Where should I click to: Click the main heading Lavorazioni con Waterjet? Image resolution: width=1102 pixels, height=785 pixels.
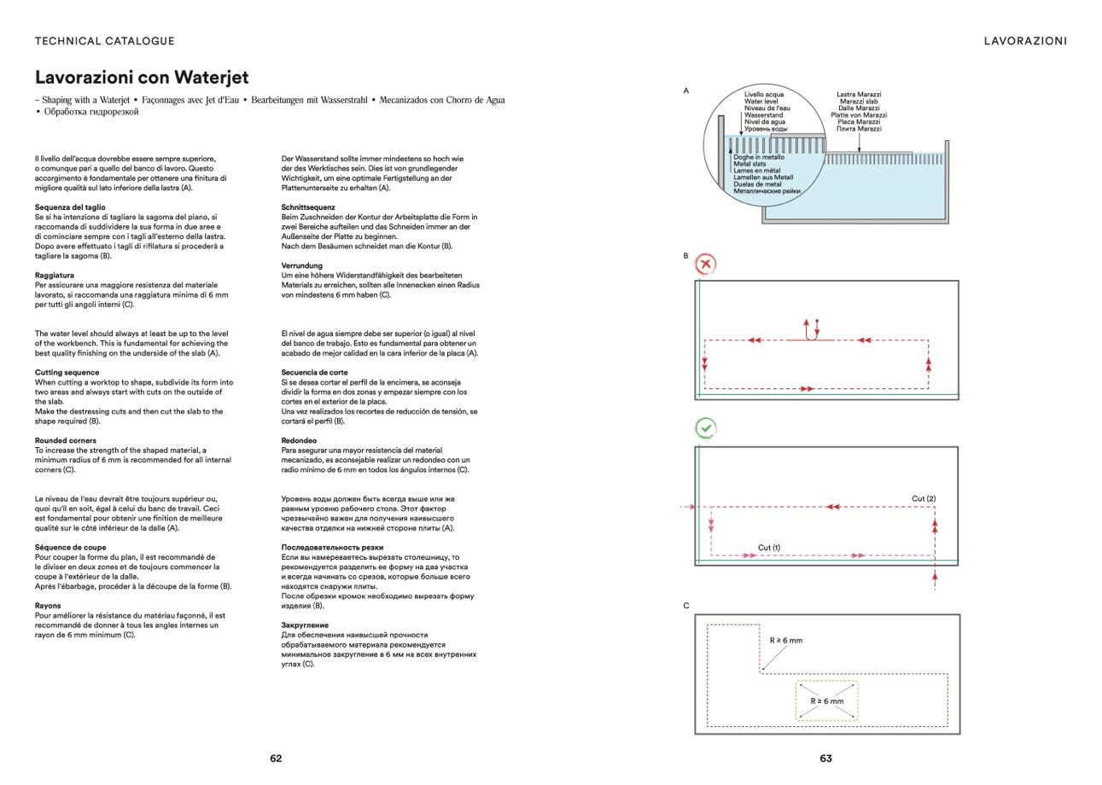click(142, 78)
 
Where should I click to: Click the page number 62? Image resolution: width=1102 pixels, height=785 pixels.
click(276, 758)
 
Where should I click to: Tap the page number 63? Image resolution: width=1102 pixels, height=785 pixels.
click(825, 758)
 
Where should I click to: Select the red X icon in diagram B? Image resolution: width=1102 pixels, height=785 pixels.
click(705, 265)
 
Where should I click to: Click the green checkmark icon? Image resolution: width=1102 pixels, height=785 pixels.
click(705, 427)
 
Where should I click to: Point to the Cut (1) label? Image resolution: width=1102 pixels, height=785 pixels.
click(768, 548)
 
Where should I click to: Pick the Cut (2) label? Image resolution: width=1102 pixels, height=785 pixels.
click(924, 498)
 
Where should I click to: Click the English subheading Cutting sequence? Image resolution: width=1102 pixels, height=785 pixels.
click(67, 373)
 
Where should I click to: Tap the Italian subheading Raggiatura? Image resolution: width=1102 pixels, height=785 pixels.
click(55, 276)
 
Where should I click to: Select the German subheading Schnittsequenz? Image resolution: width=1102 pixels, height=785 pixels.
click(308, 207)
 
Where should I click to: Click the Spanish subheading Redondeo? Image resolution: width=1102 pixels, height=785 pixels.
click(299, 441)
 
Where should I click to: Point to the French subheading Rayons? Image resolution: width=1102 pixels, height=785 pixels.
click(48, 606)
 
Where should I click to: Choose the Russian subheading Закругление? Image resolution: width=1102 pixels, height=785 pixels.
click(305, 625)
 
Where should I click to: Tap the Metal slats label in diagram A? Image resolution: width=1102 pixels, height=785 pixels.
click(749, 164)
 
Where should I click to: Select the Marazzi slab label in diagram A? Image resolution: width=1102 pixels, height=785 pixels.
click(859, 102)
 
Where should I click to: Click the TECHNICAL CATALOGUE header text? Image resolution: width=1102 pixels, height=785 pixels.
click(104, 41)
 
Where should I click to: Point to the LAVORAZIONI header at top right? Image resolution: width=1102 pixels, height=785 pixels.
click(1025, 41)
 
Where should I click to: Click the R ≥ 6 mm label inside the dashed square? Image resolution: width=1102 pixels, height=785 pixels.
click(826, 701)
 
